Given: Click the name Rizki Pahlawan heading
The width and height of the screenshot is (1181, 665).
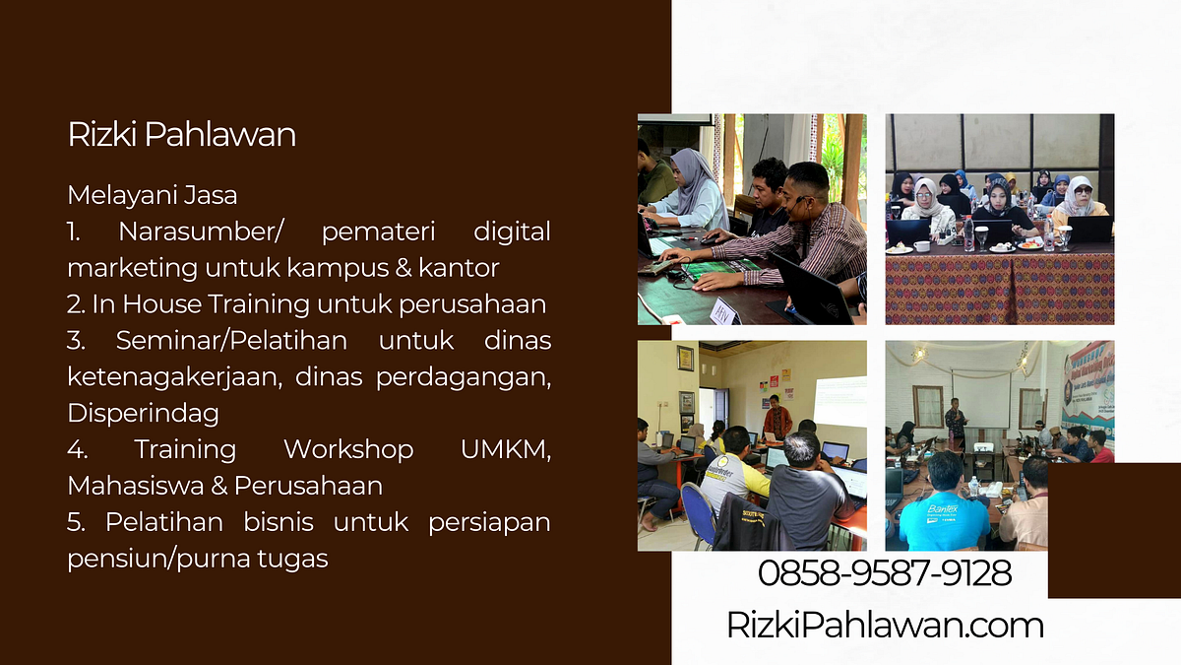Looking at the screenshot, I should click(x=181, y=135).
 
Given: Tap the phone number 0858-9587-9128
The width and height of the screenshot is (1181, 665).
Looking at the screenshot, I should click(x=885, y=572).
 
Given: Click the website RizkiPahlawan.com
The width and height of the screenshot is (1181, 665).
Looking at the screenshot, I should click(x=885, y=625).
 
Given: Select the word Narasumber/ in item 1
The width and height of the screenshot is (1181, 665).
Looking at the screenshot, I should click(x=201, y=233).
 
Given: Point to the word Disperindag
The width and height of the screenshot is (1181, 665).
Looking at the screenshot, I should click(x=143, y=412).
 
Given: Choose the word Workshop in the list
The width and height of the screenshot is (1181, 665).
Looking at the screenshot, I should click(x=347, y=450).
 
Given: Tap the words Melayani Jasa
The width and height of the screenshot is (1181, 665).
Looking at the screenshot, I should click(x=152, y=195).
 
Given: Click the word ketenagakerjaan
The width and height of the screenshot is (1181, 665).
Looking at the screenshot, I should click(x=164, y=376).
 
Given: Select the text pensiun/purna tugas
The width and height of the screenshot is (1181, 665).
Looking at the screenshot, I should click(x=197, y=559).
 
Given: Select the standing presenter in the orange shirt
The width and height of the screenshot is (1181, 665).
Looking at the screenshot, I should click(x=778, y=418).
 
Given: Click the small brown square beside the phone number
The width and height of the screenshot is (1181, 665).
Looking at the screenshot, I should click(x=1114, y=530).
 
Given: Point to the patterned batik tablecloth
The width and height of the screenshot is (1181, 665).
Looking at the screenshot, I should click(x=999, y=286).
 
